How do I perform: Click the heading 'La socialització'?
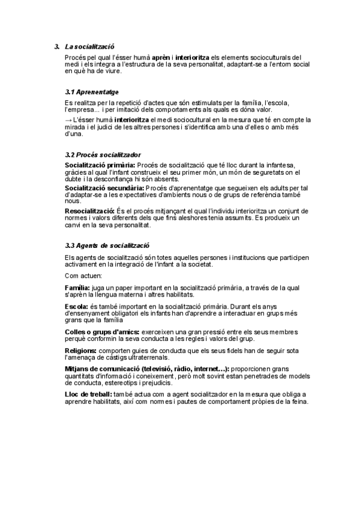(90, 46)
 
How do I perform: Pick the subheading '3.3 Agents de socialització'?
(107, 245)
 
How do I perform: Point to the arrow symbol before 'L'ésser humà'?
(68, 120)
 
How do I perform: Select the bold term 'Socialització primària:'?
(100, 165)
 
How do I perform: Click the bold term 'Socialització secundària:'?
(104, 188)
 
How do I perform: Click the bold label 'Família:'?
(77, 288)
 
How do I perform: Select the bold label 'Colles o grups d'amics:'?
(102, 331)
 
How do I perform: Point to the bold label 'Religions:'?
(80, 350)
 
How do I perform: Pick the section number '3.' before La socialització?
(56, 46)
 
